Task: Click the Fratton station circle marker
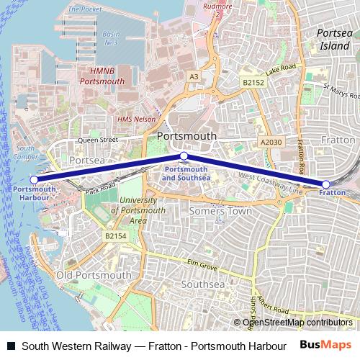325,184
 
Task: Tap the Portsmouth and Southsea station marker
184,156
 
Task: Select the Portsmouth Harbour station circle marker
34,180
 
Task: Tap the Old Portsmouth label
94,275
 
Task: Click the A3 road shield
194,76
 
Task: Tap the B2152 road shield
253,84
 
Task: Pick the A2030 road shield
271,143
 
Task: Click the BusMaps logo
325,344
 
